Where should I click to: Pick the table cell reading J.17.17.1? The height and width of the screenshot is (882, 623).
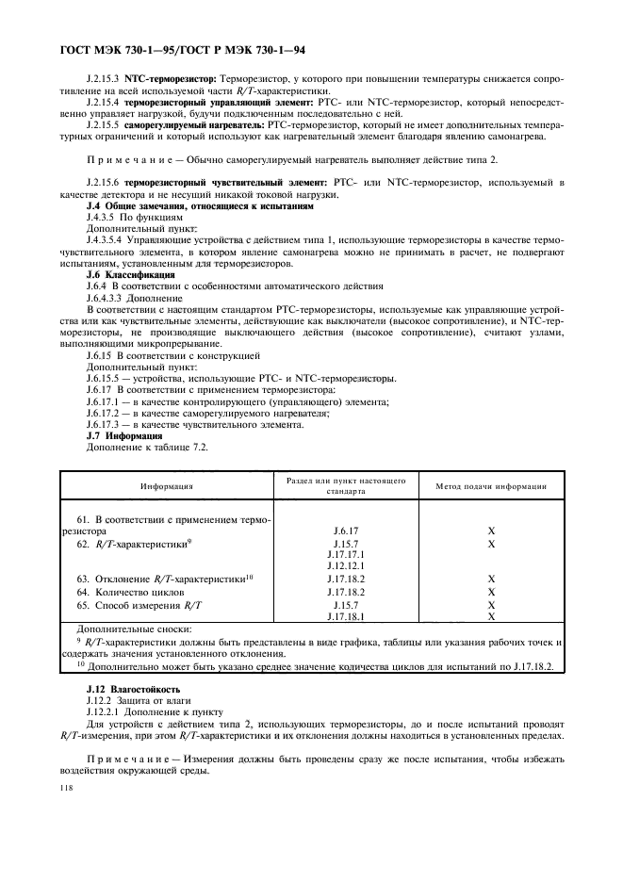(345, 555)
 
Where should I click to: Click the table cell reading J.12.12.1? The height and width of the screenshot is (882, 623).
(345, 566)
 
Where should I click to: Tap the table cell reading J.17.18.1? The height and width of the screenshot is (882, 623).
(345, 615)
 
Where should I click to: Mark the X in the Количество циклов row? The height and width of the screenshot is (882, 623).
(491, 591)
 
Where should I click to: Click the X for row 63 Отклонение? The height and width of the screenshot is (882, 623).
(491, 579)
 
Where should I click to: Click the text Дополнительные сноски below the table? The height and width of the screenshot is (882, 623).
(137, 629)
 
